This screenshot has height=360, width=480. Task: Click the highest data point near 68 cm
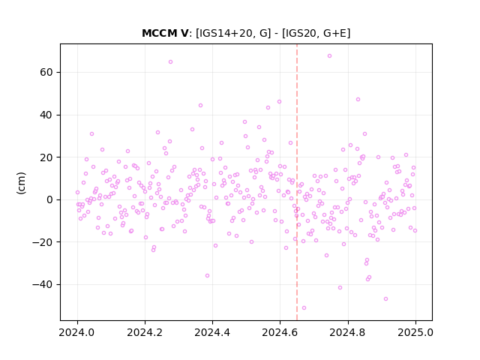329,56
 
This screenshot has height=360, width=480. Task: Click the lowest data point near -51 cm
304,308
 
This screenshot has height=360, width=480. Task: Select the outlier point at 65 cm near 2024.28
170,61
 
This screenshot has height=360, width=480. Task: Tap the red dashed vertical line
297,182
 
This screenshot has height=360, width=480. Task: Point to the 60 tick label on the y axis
46,73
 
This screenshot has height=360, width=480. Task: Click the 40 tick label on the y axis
46,115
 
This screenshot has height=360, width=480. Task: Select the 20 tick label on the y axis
46,157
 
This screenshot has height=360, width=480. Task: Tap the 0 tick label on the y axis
49,200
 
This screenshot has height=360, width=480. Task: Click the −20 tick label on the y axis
43,242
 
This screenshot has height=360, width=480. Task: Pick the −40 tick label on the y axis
43,285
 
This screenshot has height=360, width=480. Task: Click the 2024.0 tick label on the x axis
77,332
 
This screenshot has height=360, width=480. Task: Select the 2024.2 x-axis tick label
145,332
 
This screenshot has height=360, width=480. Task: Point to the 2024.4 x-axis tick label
212,332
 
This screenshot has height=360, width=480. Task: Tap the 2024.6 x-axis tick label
280,332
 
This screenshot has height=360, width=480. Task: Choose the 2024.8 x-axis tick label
348,332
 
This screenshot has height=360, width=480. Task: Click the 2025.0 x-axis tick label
415,332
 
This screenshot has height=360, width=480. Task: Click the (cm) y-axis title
22,183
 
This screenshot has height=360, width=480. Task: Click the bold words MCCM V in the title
165,33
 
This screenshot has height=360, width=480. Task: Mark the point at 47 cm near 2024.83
358,100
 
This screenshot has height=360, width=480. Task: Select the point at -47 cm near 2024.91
385,298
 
